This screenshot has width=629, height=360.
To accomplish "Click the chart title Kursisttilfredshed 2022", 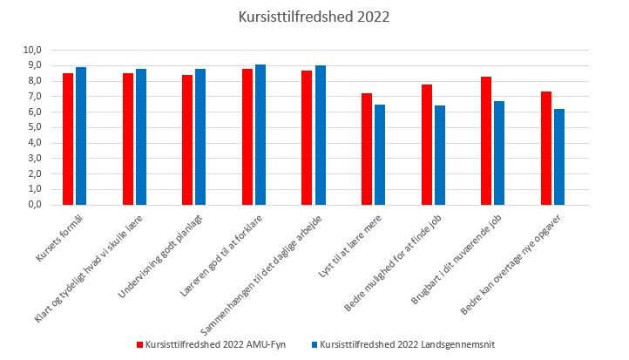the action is [x=314, y=17].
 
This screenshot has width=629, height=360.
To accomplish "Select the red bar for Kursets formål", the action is [x=68, y=139].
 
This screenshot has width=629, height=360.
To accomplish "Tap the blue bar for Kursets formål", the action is [x=81, y=136].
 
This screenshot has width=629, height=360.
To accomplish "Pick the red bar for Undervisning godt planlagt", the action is [x=187, y=139].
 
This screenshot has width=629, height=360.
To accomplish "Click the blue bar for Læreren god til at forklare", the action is [x=260, y=134].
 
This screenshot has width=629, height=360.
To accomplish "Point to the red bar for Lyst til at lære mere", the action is [x=367, y=149].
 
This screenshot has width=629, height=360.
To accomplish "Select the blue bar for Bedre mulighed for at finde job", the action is [x=440, y=155].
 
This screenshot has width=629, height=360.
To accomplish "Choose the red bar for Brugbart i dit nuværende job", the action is [x=486, y=141].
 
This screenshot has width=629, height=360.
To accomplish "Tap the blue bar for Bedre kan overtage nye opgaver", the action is [x=559, y=157].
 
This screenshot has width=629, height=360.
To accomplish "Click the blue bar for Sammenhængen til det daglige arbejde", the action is [x=321, y=135].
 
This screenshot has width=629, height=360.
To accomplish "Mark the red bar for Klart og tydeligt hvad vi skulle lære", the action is [x=128, y=139].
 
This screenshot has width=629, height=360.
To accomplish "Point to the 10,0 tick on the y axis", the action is [x=32, y=51].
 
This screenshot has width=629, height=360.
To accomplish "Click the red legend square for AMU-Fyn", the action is [x=140, y=345].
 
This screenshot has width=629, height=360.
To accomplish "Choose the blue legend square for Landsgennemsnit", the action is [x=314, y=345].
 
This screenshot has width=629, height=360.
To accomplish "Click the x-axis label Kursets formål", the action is [x=60, y=238].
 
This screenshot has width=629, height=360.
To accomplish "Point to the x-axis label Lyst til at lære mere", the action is [x=350, y=246].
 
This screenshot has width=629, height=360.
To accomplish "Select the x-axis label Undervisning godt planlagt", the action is [x=160, y=256].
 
